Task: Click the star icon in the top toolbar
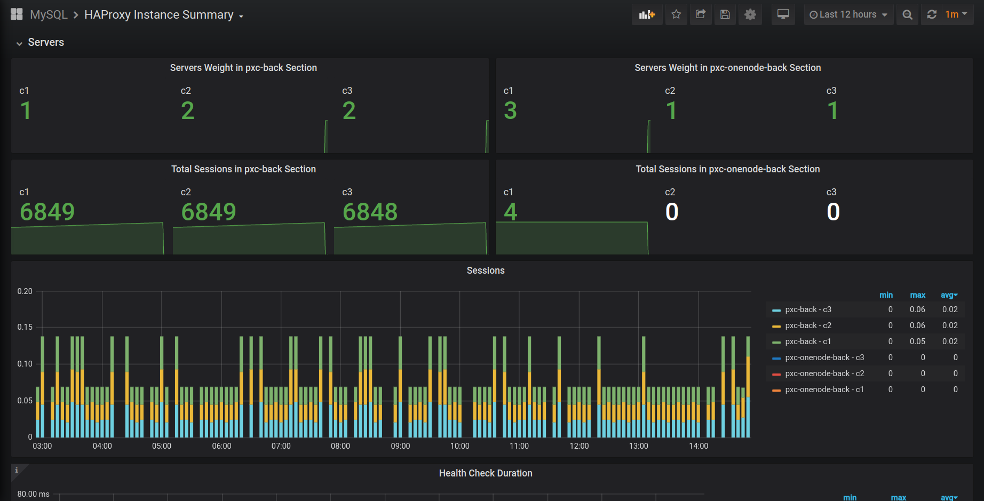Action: pyautogui.click(x=676, y=14)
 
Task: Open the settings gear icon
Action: pyautogui.click(x=750, y=14)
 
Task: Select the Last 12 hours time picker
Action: pyautogui.click(x=848, y=14)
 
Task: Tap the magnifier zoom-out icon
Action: pyautogui.click(x=907, y=14)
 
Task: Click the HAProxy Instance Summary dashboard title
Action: pyautogui.click(x=159, y=15)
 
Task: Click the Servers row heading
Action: pyautogui.click(x=46, y=42)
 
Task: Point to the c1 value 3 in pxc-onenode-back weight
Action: pyautogui.click(x=510, y=110)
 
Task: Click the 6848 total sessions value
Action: pyautogui.click(x=370, y=212)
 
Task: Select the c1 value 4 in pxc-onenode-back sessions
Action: pyautogui.click(x=511, y=212)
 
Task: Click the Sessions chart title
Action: pyautogui.click(x=486, y=271)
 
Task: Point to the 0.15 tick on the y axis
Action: pyautogui.click(x=25, y=327)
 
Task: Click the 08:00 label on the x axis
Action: pyautogui.click(x=340, y=446)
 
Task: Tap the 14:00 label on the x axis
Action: pyautogui.click(x=699, y=446)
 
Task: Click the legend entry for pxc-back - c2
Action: pyautogui.click(x=808, y=325)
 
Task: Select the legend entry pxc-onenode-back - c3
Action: pyautogui.click(x=824, y=357)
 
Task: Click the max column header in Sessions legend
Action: pyautogui.click(x=918, y=295)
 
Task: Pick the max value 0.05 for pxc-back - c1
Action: pyautogui.click(x=918, y=341)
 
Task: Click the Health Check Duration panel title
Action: pyautogui.click(x=486, y=473)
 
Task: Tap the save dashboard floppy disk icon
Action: pyautogui.click(x=725, y=14)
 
